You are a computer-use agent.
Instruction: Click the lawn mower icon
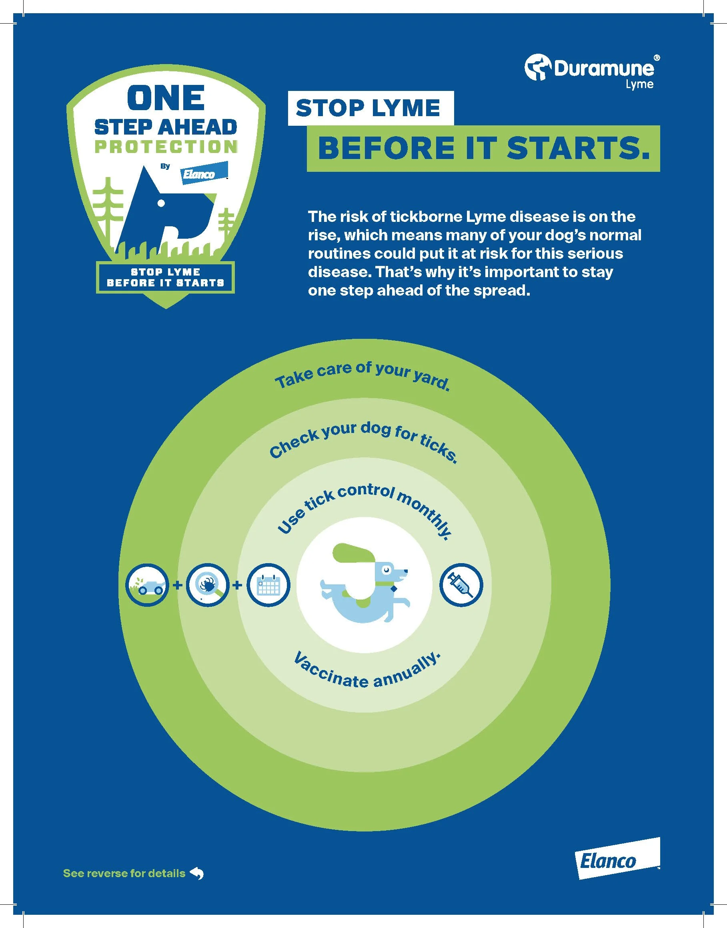[x=147, y=585]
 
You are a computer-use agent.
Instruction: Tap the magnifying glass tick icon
[x=208, y=585]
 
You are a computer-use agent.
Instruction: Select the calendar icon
[x=268, y=585]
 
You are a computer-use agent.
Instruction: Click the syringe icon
[x=461, y=585]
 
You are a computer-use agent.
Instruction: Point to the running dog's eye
[x=386, y=569]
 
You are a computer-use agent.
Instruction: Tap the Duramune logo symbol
[x=537, y=67]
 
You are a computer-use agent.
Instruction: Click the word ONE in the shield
[x=166, y=98]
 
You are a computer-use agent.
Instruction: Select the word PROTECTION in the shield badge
[x=166, y=147]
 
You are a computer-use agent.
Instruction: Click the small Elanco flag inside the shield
[x=204, y=173]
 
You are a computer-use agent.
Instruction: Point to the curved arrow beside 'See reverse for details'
[x=197, y=874]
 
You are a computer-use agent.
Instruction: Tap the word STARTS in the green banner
[x=579, y=149]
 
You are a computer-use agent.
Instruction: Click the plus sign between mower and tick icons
[x=178, y=585]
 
